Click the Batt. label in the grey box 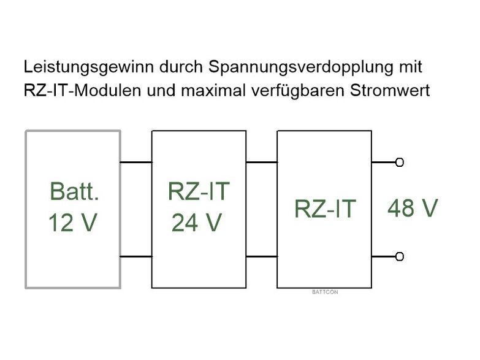point(74,192)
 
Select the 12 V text point(72,223)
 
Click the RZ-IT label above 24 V point(199,192)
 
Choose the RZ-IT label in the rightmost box point(324,209)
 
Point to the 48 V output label point(413,209)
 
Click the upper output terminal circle point(400,163)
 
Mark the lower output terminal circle point(400,256)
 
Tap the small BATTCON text point(325,292)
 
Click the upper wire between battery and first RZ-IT point(136,163)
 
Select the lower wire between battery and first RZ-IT point(136,256)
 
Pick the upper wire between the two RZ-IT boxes point(262,163)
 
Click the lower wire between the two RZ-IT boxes point(262,256)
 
